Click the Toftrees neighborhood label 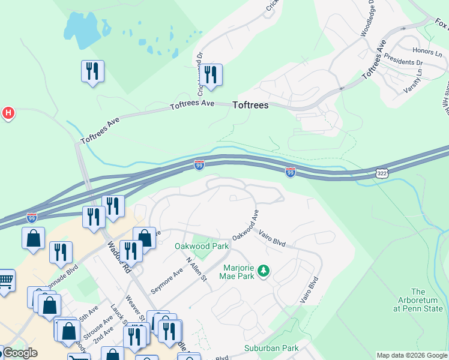[x=250, y=105]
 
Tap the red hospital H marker [x=8, y=112]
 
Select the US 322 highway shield [x=382, y=173]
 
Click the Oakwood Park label [x=194, y=246]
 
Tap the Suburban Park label [x=271, y=348]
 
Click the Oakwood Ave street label [x=245, y=225]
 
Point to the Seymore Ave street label [x=166, y=280]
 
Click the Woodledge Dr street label [x=367, y=18]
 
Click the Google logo [x=19, y=353]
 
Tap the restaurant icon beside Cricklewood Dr [x=210, y=75]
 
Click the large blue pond [x=83, y=28]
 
